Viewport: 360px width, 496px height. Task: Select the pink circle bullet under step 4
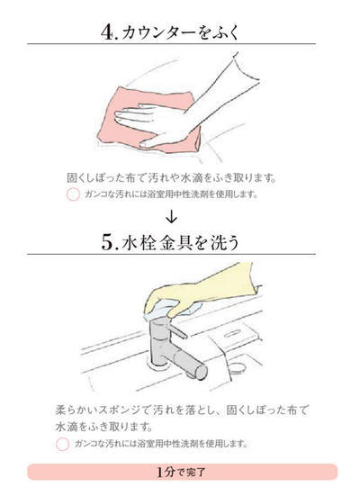tap(74, 194)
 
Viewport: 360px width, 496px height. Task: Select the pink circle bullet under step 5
tap(62, 444)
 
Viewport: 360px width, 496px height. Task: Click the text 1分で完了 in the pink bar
tap(181, 471)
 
